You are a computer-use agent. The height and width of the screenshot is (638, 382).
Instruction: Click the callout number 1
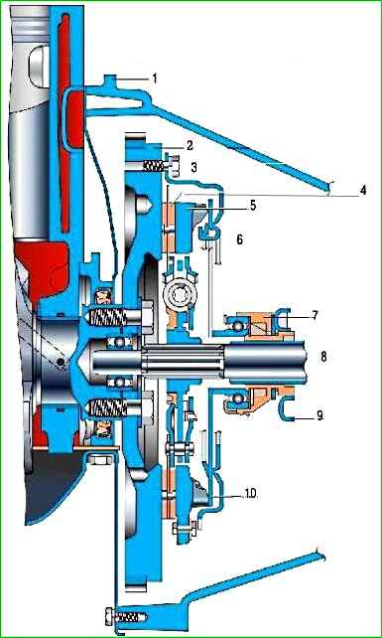click(155, 79)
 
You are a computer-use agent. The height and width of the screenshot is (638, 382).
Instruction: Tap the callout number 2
click(189, 145)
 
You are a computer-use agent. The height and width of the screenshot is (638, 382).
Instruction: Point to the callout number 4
click(362, 191)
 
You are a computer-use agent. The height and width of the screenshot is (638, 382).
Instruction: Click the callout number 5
click(253, 206)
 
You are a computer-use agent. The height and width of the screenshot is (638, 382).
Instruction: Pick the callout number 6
click(240, 239)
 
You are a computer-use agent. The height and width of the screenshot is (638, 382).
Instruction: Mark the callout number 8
click(323, 357)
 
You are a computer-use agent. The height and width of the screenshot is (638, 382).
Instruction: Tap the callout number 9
click(320, 416)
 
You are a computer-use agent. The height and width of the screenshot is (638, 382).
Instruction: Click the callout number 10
click(250, 494)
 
